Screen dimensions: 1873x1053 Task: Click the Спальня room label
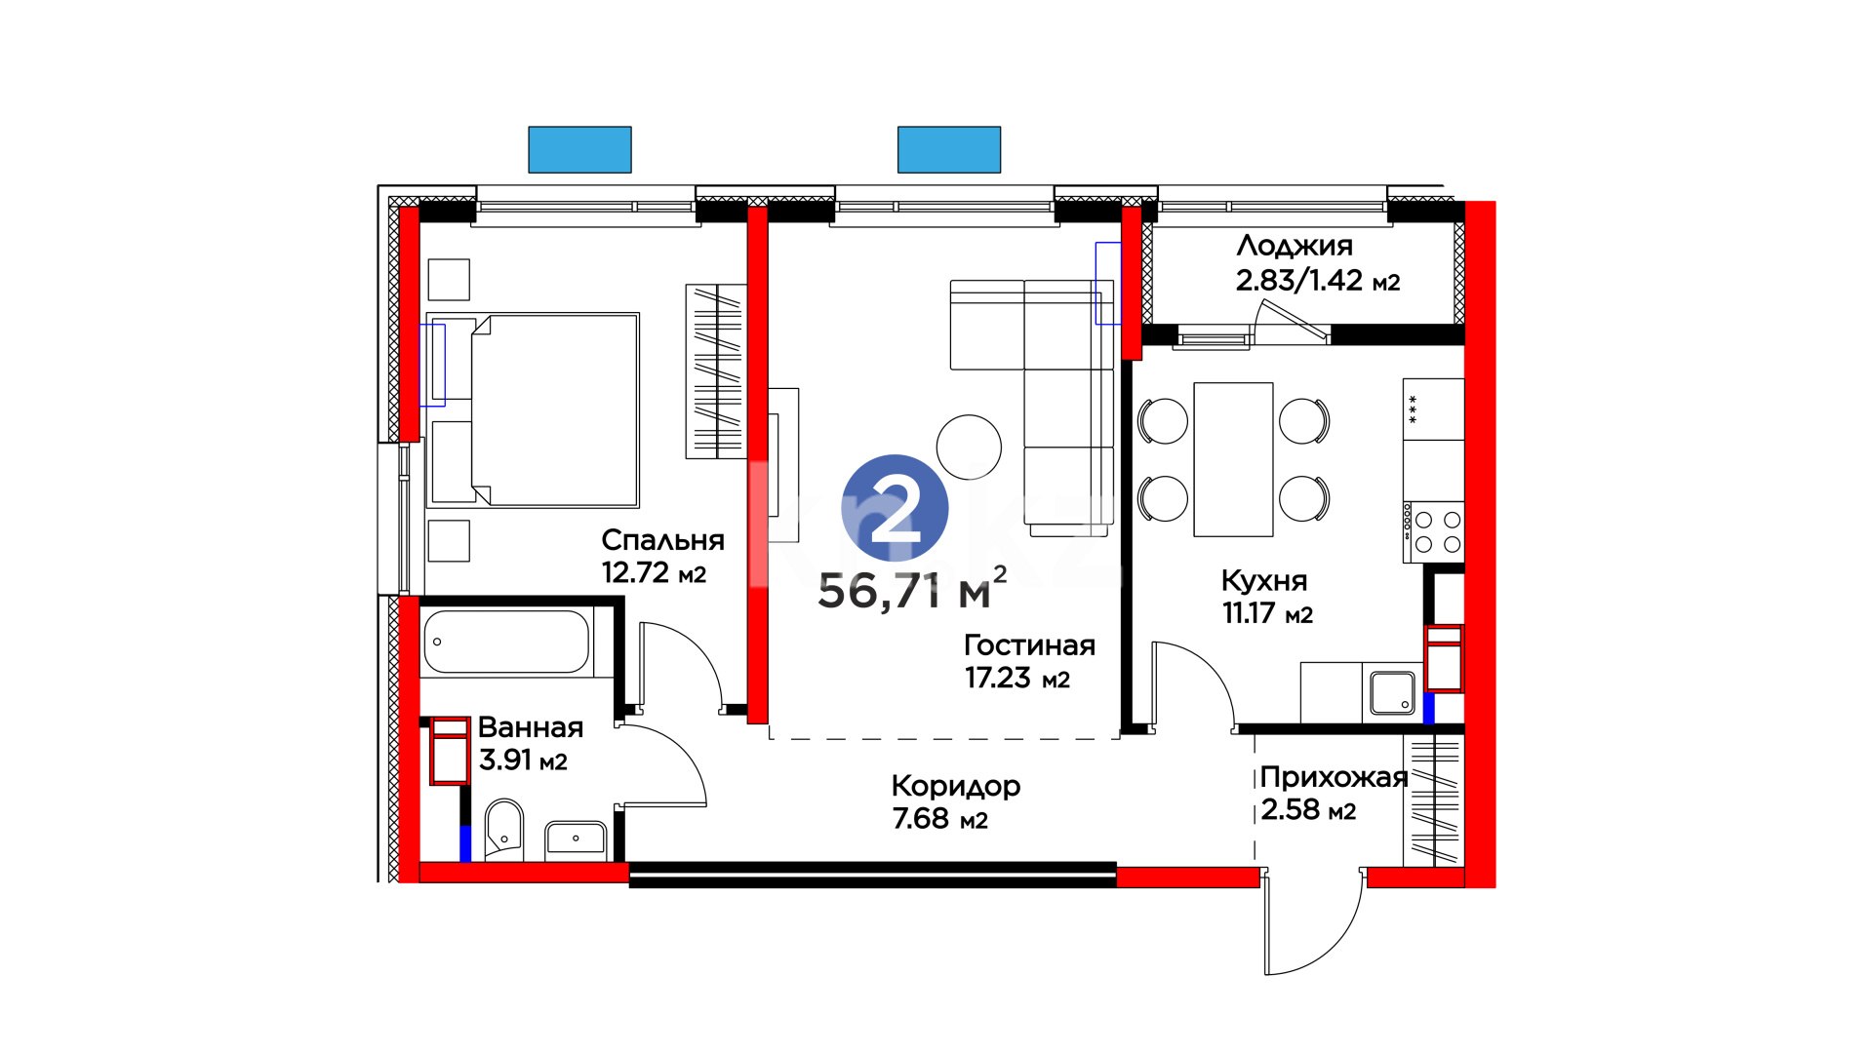pos(662,540)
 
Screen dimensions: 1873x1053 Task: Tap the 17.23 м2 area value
pos(1017,678)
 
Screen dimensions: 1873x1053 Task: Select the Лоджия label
pos(1295,246)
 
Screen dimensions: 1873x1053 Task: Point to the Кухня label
pos(1264,581)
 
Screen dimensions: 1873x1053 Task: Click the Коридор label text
pos(956,786)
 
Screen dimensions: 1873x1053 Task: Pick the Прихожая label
pos(1334,777)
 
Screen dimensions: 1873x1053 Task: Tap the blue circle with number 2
pos(895,508)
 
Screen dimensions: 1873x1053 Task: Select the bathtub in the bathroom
pos(506,642)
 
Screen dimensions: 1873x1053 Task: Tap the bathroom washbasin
pos(576,839)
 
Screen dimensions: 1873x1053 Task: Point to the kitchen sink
pos(1392,692)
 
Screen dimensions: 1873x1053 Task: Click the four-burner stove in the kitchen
pos(1434,532)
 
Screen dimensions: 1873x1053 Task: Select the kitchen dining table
pos(1233,459)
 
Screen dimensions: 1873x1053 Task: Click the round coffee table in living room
pos(969,448)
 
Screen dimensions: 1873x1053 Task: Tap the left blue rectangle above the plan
pos(579,150)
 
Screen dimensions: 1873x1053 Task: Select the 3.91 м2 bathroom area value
pos(523,760)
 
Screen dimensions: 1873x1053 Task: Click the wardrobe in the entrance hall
pos(1434,799)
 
